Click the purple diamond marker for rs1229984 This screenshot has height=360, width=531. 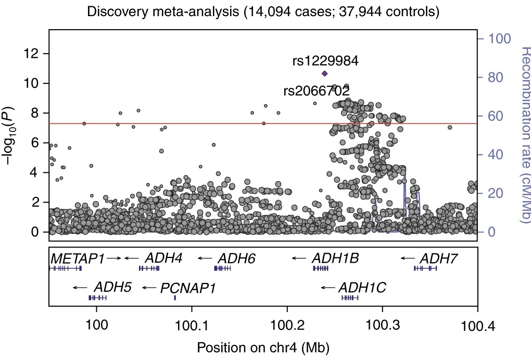tap(324, 73)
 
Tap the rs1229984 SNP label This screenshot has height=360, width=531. tap(325, 61)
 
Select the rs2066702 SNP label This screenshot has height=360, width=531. tap(316, 91)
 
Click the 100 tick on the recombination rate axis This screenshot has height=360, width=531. tap(498, 39)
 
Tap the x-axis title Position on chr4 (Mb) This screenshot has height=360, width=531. tap(263, 346)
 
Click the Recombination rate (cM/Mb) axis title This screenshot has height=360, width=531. tap(523, 135)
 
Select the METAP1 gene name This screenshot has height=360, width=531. tap(78, 258)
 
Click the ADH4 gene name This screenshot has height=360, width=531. tap(163, 258)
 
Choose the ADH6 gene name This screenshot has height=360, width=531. tap(236, 258)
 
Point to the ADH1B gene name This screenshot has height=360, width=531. tap(335, 258)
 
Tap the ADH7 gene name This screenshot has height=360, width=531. tap(438, 258)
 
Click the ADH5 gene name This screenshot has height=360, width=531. tap(112, 287)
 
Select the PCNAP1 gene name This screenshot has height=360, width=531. tap(187, 287)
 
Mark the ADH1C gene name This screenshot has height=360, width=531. tap(362, 287)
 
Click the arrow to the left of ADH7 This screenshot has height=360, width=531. tap(408, 258)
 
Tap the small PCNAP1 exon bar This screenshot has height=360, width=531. tap(175, 297)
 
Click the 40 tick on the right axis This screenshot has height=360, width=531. tap(495, 154)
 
